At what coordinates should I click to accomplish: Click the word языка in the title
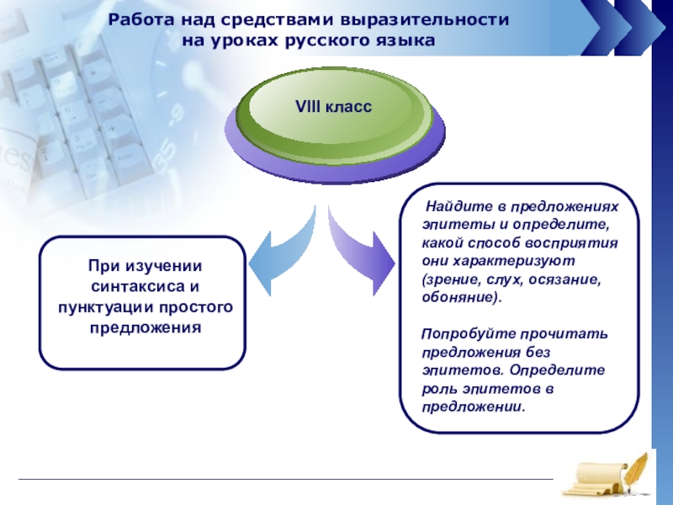(x=406, y=40)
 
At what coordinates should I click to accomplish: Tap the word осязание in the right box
(x=564, y=279)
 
